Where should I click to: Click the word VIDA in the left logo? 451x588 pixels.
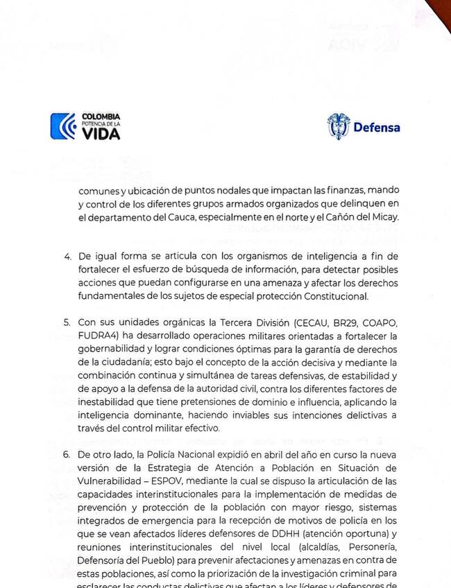[101, 134]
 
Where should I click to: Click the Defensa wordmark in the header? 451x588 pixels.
[377, 128]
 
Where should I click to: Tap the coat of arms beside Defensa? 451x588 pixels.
[339, 126]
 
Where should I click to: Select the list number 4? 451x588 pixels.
[67, 257]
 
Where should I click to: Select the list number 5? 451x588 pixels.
[67, 323]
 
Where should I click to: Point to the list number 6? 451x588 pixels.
[67, 456]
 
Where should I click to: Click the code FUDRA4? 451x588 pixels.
[97, 336]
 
